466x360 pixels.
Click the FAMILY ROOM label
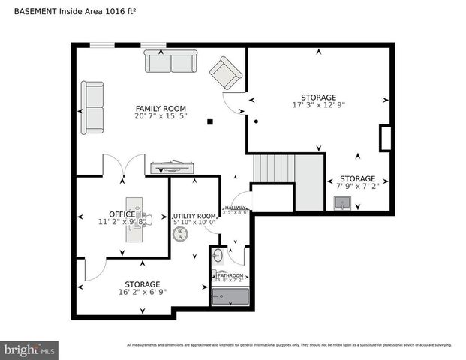pos(161,109)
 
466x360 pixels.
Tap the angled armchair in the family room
pos(226,73)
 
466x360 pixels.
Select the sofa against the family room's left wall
pos(93,108)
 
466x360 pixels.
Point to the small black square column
pos(211,121)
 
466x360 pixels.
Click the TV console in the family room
pos(173,167)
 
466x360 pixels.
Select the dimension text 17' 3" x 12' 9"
pos(318,105)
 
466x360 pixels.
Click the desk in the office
pos(137,220)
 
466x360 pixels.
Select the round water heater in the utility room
pos(181,235)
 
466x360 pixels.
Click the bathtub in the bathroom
pos(230,298)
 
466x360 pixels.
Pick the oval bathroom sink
pos(217,256)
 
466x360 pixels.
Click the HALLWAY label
pos(236,208)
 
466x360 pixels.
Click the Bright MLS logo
pos(30,349)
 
